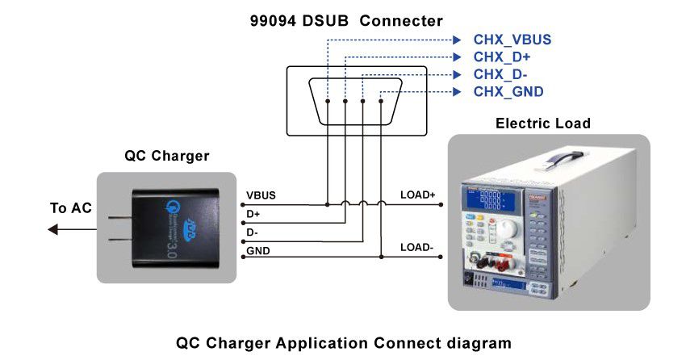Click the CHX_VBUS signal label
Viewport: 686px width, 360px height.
(512, 40)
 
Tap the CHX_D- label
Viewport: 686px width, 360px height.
(500, 75)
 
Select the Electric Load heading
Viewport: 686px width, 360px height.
(543, 123)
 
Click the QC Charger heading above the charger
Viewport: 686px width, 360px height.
(167, 156)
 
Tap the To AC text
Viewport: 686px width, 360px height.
(71, 208)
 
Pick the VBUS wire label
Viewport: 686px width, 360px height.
(261, 195)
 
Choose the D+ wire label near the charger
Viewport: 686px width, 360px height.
(253, 214)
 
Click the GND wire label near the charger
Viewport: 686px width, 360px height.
(258, 251)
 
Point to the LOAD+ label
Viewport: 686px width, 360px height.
(417, 195)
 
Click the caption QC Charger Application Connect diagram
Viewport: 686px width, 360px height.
(343, 342)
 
